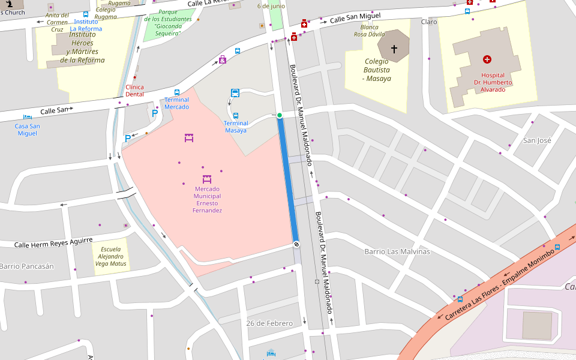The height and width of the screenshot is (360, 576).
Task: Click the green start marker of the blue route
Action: point(280,115)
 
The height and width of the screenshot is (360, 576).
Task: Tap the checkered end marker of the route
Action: point(296,244)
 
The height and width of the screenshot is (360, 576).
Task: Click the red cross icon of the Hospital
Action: point(487,59)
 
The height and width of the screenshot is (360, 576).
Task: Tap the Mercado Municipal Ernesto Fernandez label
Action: point(207,200)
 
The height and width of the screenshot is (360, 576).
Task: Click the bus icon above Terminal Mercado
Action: point(177,92)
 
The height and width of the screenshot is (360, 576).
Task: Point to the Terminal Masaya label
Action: point(236,127)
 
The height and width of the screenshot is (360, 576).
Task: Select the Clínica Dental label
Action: point(134,91)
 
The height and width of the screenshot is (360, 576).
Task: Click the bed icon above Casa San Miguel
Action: point(27,117)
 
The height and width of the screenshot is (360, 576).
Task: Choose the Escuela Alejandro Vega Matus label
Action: point(111,256)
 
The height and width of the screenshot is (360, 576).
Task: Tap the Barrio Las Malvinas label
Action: point(397,251)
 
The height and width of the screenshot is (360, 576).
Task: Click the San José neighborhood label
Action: point(537,140)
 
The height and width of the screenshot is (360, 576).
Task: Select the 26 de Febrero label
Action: point(269,323)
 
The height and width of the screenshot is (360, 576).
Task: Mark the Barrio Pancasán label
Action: point(26,266)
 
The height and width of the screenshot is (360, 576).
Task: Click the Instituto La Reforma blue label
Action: point(86,25)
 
